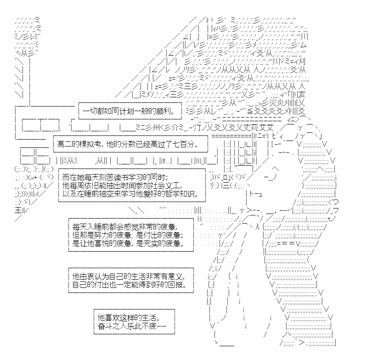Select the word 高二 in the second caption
64,144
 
